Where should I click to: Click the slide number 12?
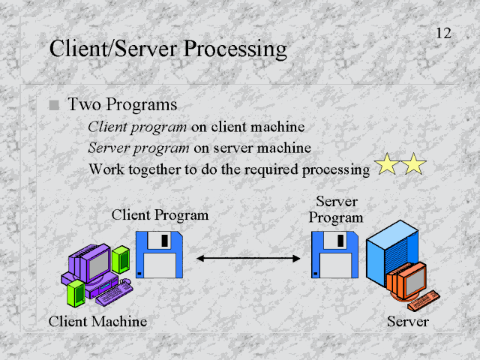(443, 34)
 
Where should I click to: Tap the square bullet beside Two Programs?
(53, 106)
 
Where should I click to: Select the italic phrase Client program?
(137, 127)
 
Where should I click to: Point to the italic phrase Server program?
(139, 148)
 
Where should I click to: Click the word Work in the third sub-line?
(103, 169)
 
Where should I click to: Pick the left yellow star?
(387, 163)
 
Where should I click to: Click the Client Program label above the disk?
(160, 215)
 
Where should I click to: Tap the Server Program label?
(336, 210)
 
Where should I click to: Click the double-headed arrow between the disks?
(248, 258)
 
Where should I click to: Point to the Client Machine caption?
(97, 322)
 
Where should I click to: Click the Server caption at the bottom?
(407, 322)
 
